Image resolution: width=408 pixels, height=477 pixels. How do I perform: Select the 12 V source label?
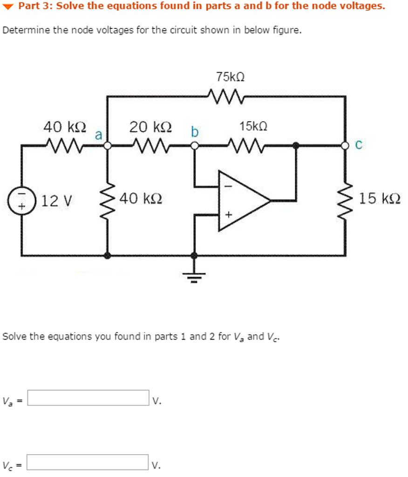coord(57,201)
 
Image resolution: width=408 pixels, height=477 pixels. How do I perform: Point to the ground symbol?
coord(194,277)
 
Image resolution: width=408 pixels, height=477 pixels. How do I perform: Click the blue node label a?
coord(98,135)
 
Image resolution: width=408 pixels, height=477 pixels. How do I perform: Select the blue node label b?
coord(195,132)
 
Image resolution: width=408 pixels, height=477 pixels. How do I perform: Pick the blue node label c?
coord(358,145)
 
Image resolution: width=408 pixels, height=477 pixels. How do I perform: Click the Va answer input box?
coord(88,398)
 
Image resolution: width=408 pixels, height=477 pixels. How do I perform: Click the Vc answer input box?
coord(88,462)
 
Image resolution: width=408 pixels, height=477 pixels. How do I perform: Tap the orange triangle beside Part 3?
coord(9,7)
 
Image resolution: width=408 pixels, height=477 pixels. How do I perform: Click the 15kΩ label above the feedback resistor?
coord(253,126)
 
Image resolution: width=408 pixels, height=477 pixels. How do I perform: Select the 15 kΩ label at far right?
coord(380,199)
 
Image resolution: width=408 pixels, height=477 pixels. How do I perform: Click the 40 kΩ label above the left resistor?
coord(65,127)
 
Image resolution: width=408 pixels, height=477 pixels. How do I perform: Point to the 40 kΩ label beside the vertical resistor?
coord(141,199)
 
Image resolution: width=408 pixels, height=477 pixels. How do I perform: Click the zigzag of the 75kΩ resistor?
coord(226,96)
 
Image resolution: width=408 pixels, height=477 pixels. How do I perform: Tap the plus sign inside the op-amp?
coord(228,215)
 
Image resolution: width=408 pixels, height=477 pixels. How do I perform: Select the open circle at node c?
coord(345,146)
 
